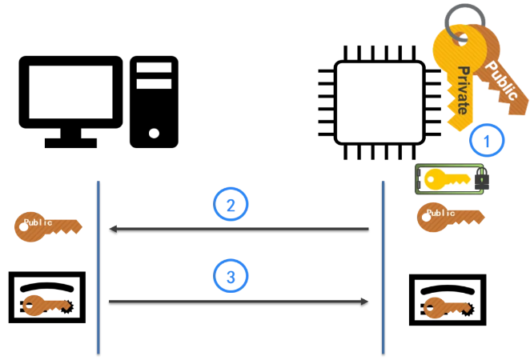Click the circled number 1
coord(487,140)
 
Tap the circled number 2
coord(231,204)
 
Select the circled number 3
coord(231,276)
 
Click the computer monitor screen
coord(70,92)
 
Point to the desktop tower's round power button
coord(154,133)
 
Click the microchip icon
coord(379,102)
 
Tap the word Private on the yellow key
coord(464,90)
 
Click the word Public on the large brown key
coord(501,80)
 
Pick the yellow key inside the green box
coord(447,179)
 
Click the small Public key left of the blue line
coord(48,226)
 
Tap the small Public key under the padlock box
coord(451,217)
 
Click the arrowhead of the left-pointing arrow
coord(113,229)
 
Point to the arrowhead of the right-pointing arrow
coord(364,302)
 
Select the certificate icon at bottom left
coord(47,297)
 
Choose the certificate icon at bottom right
coord(448,300)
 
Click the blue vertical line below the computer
coord(98,267)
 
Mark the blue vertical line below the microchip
coord(383,267)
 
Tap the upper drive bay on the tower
coord(154,67)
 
